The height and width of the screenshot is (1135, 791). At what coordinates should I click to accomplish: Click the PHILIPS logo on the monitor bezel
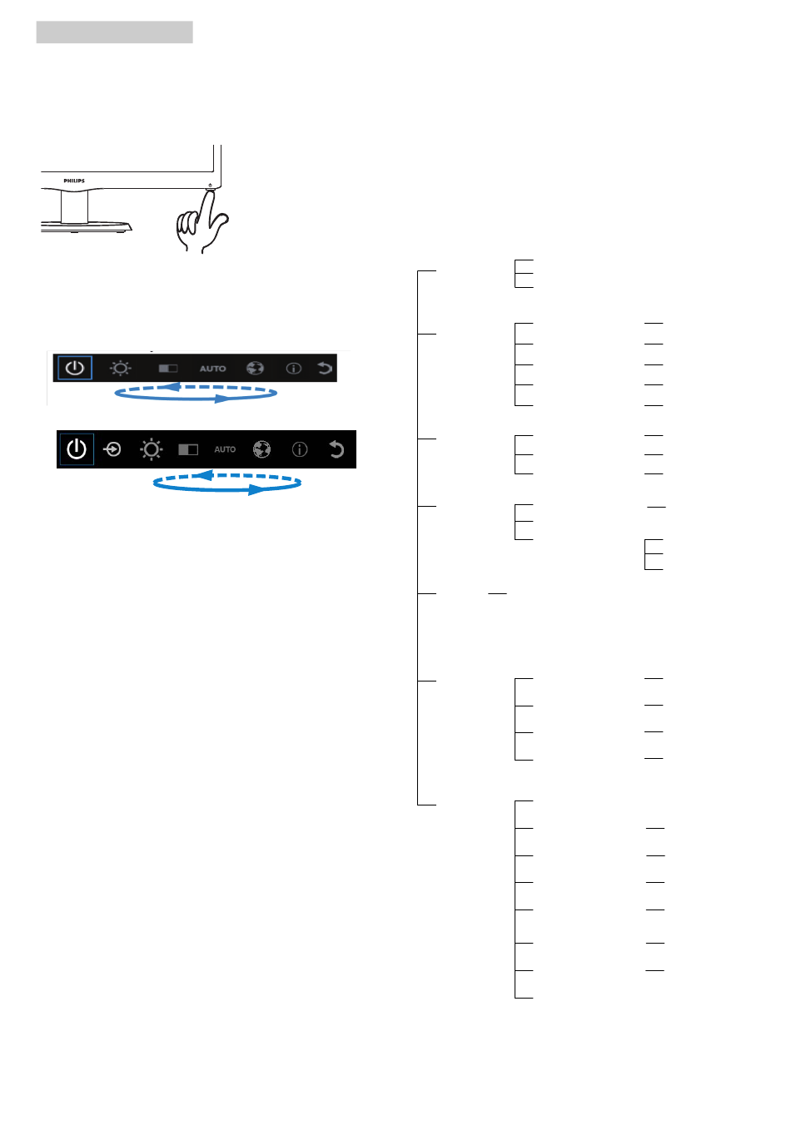point(74,181)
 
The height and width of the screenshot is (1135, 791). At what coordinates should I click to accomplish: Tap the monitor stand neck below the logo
point(75,206)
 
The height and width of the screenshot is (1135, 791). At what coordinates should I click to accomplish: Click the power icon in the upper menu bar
point(75,367)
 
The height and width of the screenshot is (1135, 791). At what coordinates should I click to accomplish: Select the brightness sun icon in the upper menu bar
point(120,368)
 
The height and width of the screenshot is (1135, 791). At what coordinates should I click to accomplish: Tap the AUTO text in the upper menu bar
point(212,369)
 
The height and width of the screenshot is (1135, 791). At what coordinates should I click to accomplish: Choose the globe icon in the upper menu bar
point(255,368)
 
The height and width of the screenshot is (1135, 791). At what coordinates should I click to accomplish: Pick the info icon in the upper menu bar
point(294,369)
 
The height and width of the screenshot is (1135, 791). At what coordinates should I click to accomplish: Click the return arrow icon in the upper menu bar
point(325,368)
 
